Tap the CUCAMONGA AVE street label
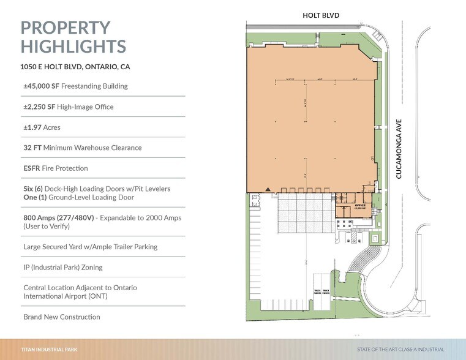click(x=399, y=148)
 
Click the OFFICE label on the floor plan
click(x=360, y=205)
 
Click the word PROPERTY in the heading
click(x=66, y=28)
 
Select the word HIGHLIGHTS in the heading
click(x=73, y=47)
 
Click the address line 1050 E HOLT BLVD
click(x=75, y=67)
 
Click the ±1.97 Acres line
click(x=42, y=127)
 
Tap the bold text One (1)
click(x=35, y=197)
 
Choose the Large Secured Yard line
click(x=90, y=247)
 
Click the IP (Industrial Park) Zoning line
click(x=62, y=268)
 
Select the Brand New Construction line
click(x=61, y=317)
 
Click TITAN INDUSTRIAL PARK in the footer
click(x=49, y=350)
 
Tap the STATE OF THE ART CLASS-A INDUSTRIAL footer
click(x=400, y=350)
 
